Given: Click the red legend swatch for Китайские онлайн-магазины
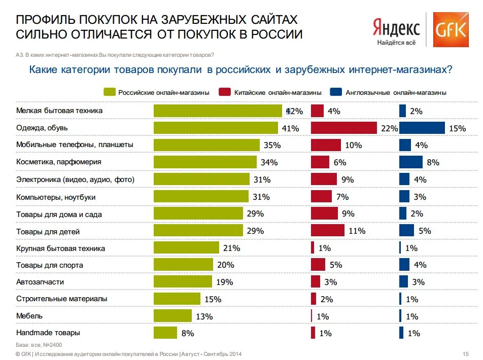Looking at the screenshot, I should (x=225, y=92).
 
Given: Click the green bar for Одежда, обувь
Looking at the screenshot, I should (x=216, y=128).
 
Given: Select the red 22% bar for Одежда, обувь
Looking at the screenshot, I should (x=343, y=128).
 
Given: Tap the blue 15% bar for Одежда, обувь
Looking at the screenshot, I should (x=422, y=128).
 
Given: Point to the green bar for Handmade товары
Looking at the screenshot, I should (x=165, y=333).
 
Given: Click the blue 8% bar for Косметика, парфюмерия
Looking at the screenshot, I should (x=410, y=162).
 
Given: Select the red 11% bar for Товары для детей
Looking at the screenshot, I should (x=327, y=231).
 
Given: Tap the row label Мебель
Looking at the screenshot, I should (x=29, y=316).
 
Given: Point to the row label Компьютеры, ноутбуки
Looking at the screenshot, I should (x=56, y=197).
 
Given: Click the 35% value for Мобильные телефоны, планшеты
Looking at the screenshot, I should (x=272, y=146).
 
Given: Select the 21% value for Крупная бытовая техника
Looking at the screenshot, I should (x=231, y=248).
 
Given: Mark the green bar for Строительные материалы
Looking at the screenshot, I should (x=177, y=299).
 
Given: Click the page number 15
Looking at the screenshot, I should (x=466, y=353).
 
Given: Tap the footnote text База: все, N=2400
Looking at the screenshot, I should (x=36, y=345).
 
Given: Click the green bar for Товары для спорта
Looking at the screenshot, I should (x=183, y=265).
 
